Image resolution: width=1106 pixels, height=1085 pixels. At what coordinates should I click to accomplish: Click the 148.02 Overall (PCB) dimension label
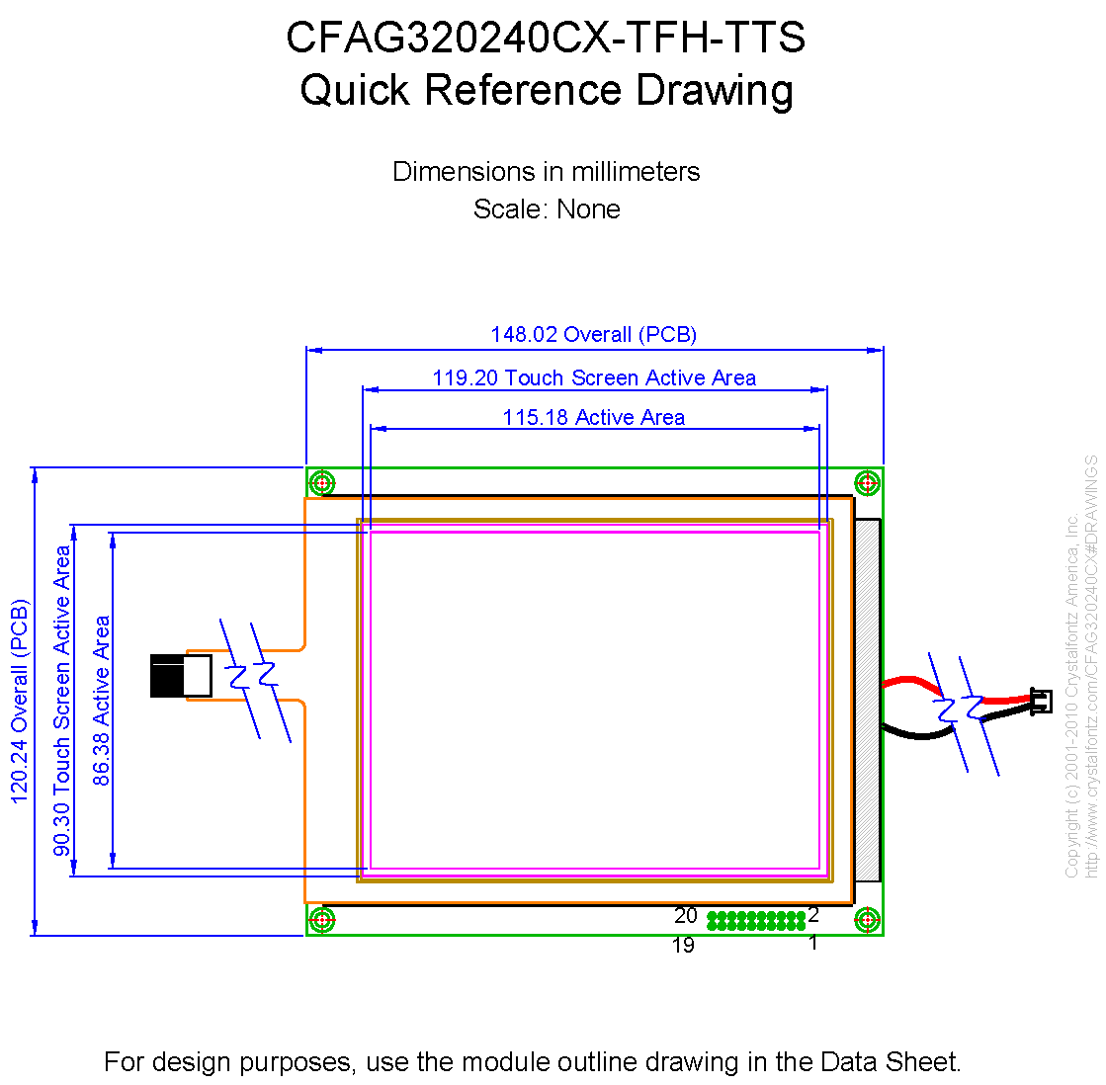[593, 334]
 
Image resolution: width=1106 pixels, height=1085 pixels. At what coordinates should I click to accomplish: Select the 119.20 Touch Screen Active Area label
[594, 377]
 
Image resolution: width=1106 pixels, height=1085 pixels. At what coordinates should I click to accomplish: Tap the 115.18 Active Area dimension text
[593, 417]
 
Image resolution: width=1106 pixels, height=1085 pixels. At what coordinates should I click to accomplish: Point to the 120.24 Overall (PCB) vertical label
[19, 702]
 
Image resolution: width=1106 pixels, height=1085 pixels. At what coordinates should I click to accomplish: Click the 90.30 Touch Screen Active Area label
[62, 702]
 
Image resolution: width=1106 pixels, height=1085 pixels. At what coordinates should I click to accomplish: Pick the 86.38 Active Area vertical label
[102, 702]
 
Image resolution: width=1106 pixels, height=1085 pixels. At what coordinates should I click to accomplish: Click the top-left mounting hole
[322, 483]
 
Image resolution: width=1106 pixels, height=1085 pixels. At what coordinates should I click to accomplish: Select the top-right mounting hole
[867, 483]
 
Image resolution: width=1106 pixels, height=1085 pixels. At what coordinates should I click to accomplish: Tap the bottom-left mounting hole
[322, 919]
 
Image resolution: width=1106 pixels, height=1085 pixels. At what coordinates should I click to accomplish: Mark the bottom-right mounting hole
[867, 919]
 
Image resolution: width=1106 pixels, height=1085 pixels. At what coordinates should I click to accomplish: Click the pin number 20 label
[686, 916]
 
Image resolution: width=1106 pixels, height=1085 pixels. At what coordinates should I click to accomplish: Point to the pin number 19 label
[683, 945]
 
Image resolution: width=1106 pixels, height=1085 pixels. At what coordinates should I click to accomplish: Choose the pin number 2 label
[813, 914]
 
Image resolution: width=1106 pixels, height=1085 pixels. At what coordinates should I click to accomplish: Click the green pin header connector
[756, 921]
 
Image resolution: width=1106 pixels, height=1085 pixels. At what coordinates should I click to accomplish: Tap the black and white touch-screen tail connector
[181, 676]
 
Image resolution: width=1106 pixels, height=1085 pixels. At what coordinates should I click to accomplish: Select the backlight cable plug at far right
[1041, 701]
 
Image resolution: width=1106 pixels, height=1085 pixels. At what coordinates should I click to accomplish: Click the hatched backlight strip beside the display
[868, 700]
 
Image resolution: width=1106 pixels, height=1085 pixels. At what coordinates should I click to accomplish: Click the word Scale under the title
[504, 209]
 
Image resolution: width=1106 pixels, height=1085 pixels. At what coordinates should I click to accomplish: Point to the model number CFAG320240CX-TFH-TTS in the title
[546, 38]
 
